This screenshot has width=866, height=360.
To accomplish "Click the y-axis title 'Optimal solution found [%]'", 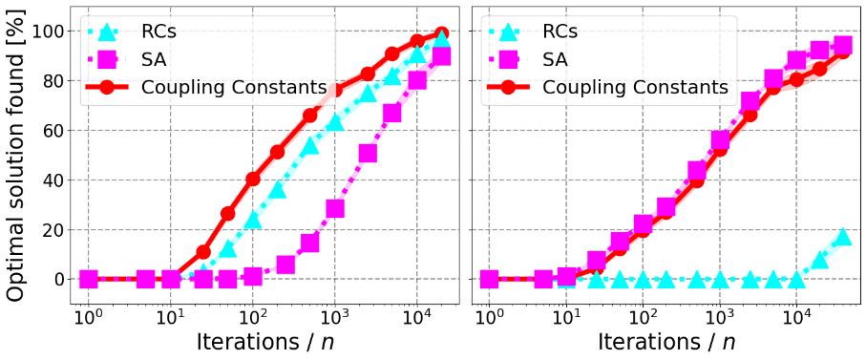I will pos(16,153).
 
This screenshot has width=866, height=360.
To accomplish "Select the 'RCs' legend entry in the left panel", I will pos(157,32).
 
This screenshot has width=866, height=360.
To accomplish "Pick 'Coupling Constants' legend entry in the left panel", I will pos(234,87).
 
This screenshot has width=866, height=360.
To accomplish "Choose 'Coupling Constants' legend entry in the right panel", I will pos(635,87).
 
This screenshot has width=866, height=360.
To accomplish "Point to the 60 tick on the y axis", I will pos(53,131).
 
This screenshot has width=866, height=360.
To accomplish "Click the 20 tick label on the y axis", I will pos(53,230).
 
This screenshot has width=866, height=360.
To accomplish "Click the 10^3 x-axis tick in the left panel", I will pos(334,315).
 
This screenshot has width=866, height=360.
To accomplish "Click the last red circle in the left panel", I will pos(442,33).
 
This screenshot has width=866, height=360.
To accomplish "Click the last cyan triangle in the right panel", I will pos(842,237).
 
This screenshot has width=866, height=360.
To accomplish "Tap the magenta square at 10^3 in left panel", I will pos(335,208).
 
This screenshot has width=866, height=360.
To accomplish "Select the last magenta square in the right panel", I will pos(842,45).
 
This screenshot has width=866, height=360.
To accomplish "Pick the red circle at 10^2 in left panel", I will pos(253,179).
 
